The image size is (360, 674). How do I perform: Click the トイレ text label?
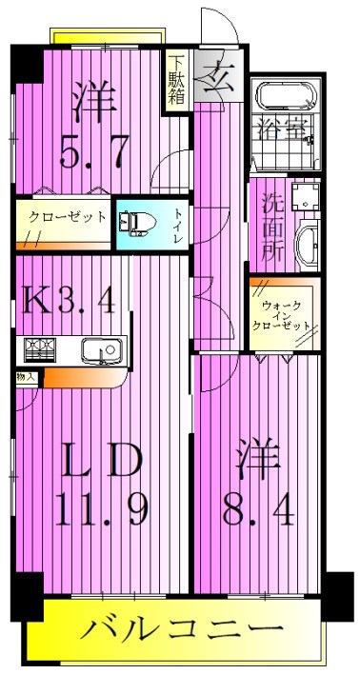click(177, 226)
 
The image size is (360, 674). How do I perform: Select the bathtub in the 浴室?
click(283, 99)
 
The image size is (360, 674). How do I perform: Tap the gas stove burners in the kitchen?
click(40, 350)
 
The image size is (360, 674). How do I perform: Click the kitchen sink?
click(100, 351)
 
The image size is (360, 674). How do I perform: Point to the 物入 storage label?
click(25, 377)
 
